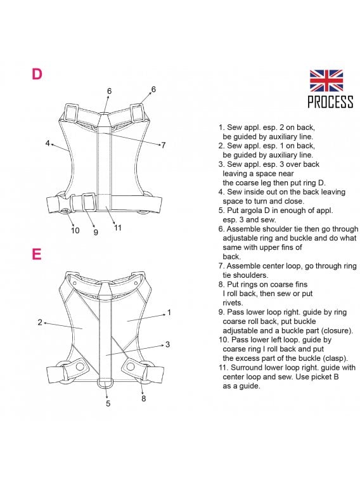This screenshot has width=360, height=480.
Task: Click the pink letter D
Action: point(37,74)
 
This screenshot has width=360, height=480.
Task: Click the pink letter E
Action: point(37,254)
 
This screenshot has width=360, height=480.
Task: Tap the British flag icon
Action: point(326,81)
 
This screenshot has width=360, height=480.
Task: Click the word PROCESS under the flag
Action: point(330,101)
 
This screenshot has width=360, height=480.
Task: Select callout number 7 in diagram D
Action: point(164,145)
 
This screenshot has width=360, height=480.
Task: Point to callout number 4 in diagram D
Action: point(48,143)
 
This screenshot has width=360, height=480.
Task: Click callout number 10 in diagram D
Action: point(75,231)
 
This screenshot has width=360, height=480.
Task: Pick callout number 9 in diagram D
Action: point(96,232)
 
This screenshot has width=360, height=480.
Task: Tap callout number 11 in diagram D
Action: point(118,228)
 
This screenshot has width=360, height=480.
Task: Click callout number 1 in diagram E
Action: point(169,313)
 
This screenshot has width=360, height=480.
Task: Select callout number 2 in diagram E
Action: point(40,322)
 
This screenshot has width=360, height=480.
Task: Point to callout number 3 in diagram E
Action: point(167,344)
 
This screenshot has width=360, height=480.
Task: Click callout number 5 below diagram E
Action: point(108,403)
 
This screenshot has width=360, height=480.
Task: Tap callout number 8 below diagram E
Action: point(143,399)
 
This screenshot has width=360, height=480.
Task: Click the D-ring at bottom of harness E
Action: point(106,384)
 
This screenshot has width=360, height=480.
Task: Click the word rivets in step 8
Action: point(233,303)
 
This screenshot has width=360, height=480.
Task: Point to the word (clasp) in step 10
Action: point(333,358)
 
